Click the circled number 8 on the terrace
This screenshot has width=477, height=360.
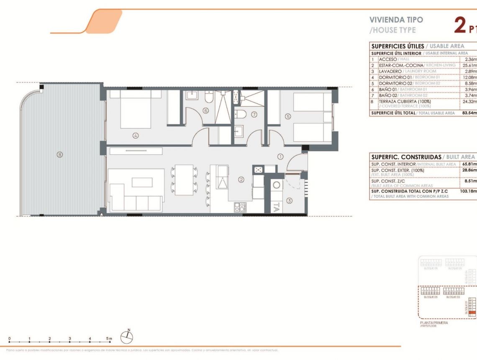coord(60,154)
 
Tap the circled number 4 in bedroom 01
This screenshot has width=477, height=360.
coord(136,135)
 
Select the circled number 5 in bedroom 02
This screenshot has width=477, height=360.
coord(288,117)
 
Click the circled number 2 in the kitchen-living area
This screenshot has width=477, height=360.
coord(241,180)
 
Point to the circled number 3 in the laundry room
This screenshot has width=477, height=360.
coord(290,200)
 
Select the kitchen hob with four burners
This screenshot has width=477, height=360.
coord(240,206)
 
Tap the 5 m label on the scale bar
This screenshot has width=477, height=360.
coord(109,338)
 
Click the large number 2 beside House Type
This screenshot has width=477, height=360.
coord(460,26)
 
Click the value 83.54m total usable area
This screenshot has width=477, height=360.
coord(468,113)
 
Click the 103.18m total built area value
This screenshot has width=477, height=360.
coord(468,191)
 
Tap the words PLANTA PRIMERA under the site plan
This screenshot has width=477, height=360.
coord(433,323)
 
